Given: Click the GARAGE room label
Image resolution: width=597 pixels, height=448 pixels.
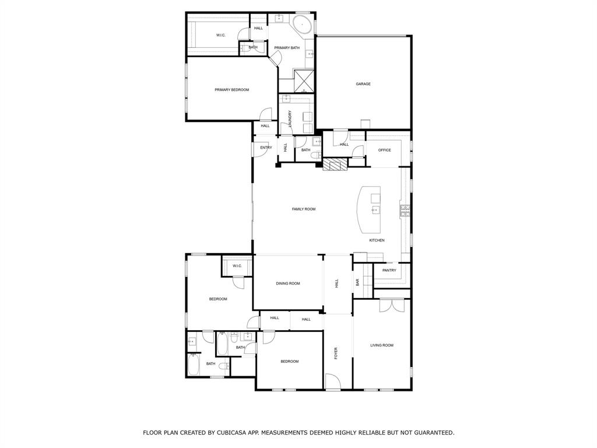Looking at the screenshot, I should pyautogui.click(x=363, y=84).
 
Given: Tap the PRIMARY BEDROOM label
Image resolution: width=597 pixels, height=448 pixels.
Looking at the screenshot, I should pyautogui.click(x=231, y=90).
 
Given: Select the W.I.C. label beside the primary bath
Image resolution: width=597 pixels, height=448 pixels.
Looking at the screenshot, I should pyautogui.click(x=221, y=35).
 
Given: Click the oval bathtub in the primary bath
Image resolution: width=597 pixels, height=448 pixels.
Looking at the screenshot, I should pyautogui.click(x=301, y=25).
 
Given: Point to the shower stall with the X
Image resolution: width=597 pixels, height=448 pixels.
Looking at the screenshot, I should pyautogui.click(x=303, y=80).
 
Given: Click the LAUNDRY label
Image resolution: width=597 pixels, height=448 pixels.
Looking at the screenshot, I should pyautogui.click(x=289, y=120).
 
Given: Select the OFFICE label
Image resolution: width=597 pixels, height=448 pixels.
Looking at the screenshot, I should pyautogui.click(x=384, y=150).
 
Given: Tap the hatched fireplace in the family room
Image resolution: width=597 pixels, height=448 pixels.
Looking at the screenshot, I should pyautogui.click(x=335, y=165).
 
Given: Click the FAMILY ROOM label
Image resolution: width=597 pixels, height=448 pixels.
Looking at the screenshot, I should pyautogui.click(x=304, y=209).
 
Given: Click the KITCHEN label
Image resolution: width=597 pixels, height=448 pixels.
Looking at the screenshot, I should pyautogui.click(x=377, y=240).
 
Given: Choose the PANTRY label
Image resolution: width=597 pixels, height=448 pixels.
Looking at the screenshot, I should pyautogui.click(x=389, y=270).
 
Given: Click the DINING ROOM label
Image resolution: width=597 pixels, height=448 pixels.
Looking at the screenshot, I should pyautogui.click(x=288, y=283).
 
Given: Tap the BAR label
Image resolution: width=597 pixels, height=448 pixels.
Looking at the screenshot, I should pyautogui.click(x=357, y=282).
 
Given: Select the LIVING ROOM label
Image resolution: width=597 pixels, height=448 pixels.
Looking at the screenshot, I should pyautogui.click(x=382, y=345).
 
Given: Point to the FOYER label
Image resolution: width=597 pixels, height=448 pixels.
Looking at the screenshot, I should pyautogui.click(x=336, y=353).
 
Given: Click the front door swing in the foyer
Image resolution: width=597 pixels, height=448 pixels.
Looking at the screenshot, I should pyautogui.click(x=333, y=383).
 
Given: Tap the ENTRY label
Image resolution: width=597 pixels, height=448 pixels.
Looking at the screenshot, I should pyautogui.click(x=266, y=148).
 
